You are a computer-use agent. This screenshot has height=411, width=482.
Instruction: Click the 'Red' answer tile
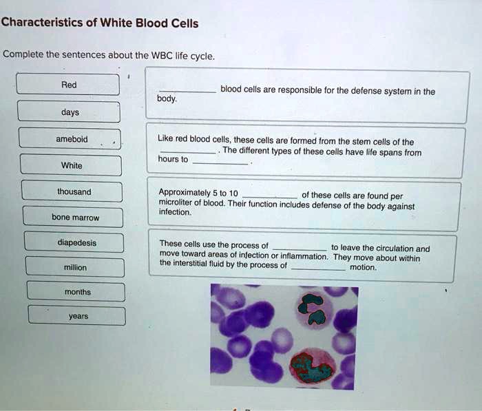(68, 85)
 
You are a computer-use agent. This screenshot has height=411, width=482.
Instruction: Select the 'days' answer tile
(69, 112)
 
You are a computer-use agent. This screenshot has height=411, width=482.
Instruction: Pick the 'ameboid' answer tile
(70, 139)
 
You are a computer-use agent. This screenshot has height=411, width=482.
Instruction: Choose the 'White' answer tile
(71, 165)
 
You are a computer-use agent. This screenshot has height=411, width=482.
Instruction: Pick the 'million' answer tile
(75, 267)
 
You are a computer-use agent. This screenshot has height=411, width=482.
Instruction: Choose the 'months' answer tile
(76, 292)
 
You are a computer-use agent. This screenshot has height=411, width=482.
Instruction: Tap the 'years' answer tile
(77, 316)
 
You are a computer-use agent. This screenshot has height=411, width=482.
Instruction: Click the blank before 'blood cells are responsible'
(187, 91)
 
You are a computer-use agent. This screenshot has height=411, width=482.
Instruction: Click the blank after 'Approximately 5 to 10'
(269, 196)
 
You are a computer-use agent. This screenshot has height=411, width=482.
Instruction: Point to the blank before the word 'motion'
(318, 268)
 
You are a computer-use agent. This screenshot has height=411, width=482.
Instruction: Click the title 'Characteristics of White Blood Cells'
(100, 23)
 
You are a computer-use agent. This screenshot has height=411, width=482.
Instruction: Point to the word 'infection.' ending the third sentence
(175, 213)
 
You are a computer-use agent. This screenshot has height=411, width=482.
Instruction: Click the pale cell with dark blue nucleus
(315, 308)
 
